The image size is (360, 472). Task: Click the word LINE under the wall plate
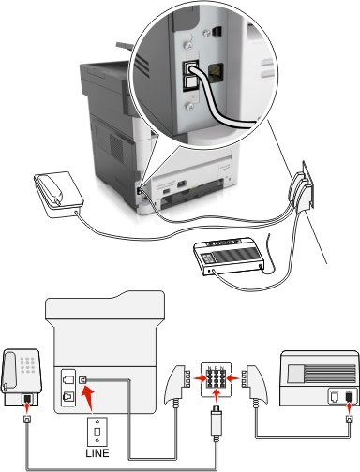point(97,453)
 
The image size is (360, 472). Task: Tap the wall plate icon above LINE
point(97,432)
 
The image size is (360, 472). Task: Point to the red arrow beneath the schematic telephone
point(28,407)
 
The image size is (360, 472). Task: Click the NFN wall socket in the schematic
point(216,379)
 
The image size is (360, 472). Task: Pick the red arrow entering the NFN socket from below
point(216,396)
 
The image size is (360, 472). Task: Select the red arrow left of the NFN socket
point(200,378)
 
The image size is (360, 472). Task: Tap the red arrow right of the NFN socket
point(232,378)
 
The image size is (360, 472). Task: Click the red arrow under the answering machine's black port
point(349,407)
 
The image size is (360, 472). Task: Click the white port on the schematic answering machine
point(335,396)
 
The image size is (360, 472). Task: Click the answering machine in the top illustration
point(229,256)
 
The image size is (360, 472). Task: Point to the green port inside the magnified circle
point(216,73)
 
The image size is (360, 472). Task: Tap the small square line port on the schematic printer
point(82,380)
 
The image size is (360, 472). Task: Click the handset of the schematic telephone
point(8,371)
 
